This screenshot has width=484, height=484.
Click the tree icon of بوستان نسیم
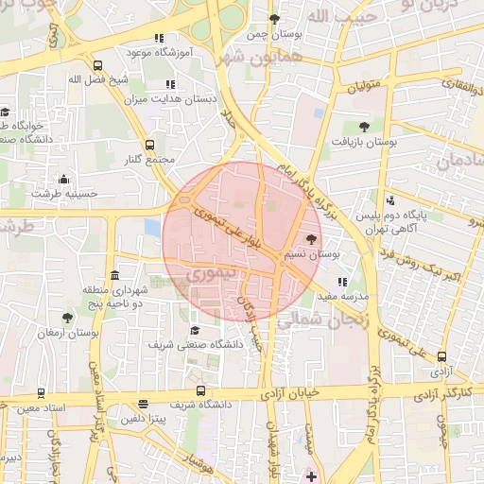[x=313, y=240]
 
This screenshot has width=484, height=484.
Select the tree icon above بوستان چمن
[x=274, y=19]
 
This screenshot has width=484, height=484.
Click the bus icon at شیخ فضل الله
[x=99, y=66]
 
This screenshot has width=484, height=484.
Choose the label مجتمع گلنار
[x=151, y=158]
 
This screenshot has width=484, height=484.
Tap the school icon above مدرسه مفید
[x=342, y=282]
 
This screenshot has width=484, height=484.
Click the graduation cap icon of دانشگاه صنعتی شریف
[x=196, y=330]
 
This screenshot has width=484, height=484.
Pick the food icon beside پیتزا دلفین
[x=143, y=404]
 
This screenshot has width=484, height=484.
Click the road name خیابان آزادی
[x=289, y=390]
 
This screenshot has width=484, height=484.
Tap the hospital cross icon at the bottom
[x=312, y=475]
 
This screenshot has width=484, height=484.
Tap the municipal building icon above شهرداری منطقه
[x=115, y=275]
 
